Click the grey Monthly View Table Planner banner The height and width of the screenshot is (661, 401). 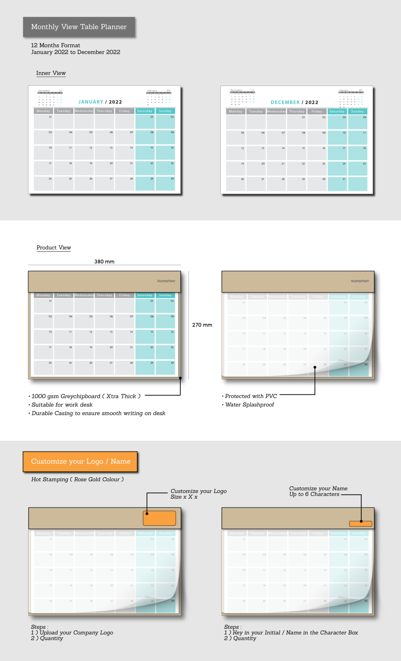(x=79, y=27)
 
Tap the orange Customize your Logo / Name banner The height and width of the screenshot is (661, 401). (x=80, y=462)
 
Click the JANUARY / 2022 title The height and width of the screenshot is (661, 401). (x=100, y=102)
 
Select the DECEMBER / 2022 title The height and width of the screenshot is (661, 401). (x=294, y=102)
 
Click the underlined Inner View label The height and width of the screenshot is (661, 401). (x=51, y=73)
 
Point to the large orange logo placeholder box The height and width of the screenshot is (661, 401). (x=159, y=518)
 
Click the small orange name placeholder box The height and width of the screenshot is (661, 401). (x=361, y=524)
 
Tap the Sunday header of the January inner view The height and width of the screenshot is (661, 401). (x=165, y=111)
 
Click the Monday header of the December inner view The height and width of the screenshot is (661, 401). (x=236, y=111)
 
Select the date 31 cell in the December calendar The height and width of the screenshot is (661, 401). (x=337, y=184)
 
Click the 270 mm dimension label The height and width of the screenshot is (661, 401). (x=202, y=325)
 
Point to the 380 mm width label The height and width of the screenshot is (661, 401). (x=104, y=262)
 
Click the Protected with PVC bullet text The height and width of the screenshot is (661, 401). (x=251, y=396)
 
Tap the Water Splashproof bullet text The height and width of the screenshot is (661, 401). (x=250, y=405)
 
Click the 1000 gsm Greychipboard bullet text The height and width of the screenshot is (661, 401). (x=86, y=396)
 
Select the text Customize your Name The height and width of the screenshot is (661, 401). (x=318, y=488)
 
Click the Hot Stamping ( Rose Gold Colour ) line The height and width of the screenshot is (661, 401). (x=78, y=480)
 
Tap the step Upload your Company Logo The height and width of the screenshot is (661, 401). (x=76, y=633)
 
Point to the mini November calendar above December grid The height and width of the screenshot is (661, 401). (x=243, y=97)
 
